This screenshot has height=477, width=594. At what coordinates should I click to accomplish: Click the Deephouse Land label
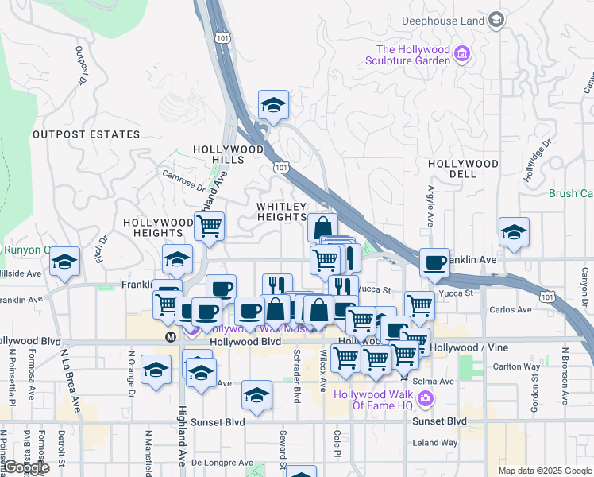click(443, 19)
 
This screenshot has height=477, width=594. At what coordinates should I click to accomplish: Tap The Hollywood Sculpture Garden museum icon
click(463, 55)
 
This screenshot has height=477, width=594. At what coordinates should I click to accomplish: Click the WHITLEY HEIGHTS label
click(281, 211)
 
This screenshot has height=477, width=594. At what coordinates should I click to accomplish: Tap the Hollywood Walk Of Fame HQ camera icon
click(426, 398)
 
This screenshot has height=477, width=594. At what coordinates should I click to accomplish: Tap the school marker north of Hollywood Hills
click(273, 105)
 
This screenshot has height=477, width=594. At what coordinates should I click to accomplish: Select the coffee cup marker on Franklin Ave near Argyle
click(434, 262)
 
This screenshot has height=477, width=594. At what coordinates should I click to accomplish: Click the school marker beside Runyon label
click(65, 262)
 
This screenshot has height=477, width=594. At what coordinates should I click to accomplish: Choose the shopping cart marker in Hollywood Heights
click(209, 226)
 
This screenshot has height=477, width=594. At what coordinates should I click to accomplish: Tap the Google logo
click(25, 468)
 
